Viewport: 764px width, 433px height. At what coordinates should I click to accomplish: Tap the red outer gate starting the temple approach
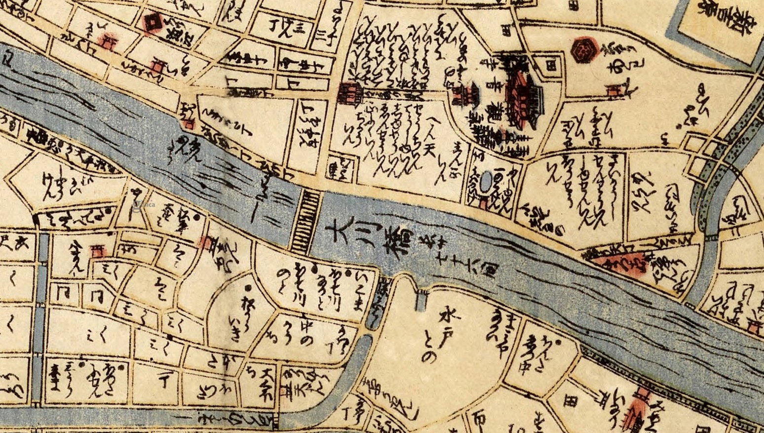pyautogui.click(x=349, y=93)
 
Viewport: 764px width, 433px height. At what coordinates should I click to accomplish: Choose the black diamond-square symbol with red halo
pyautogui.click(x=152, y=22)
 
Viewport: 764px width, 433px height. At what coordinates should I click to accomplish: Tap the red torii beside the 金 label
pyautogui.click(x=97, y=251)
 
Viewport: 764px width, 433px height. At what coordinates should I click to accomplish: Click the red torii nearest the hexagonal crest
pyautogui.click(x=615, y=90)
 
